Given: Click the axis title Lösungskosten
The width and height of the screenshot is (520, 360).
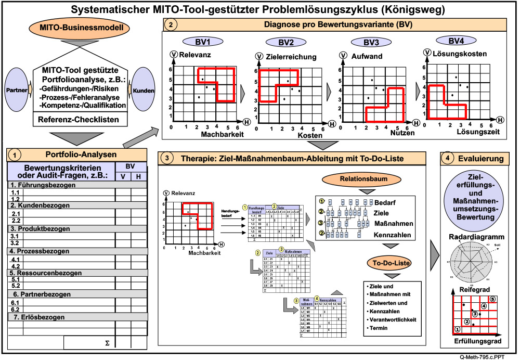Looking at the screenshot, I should coord(459,54).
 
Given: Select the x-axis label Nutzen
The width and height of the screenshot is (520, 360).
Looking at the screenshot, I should coord(404,133).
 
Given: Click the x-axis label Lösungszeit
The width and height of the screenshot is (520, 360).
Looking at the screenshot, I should coord(478,132).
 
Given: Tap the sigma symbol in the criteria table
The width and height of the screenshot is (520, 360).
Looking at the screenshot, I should coord(107,343).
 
